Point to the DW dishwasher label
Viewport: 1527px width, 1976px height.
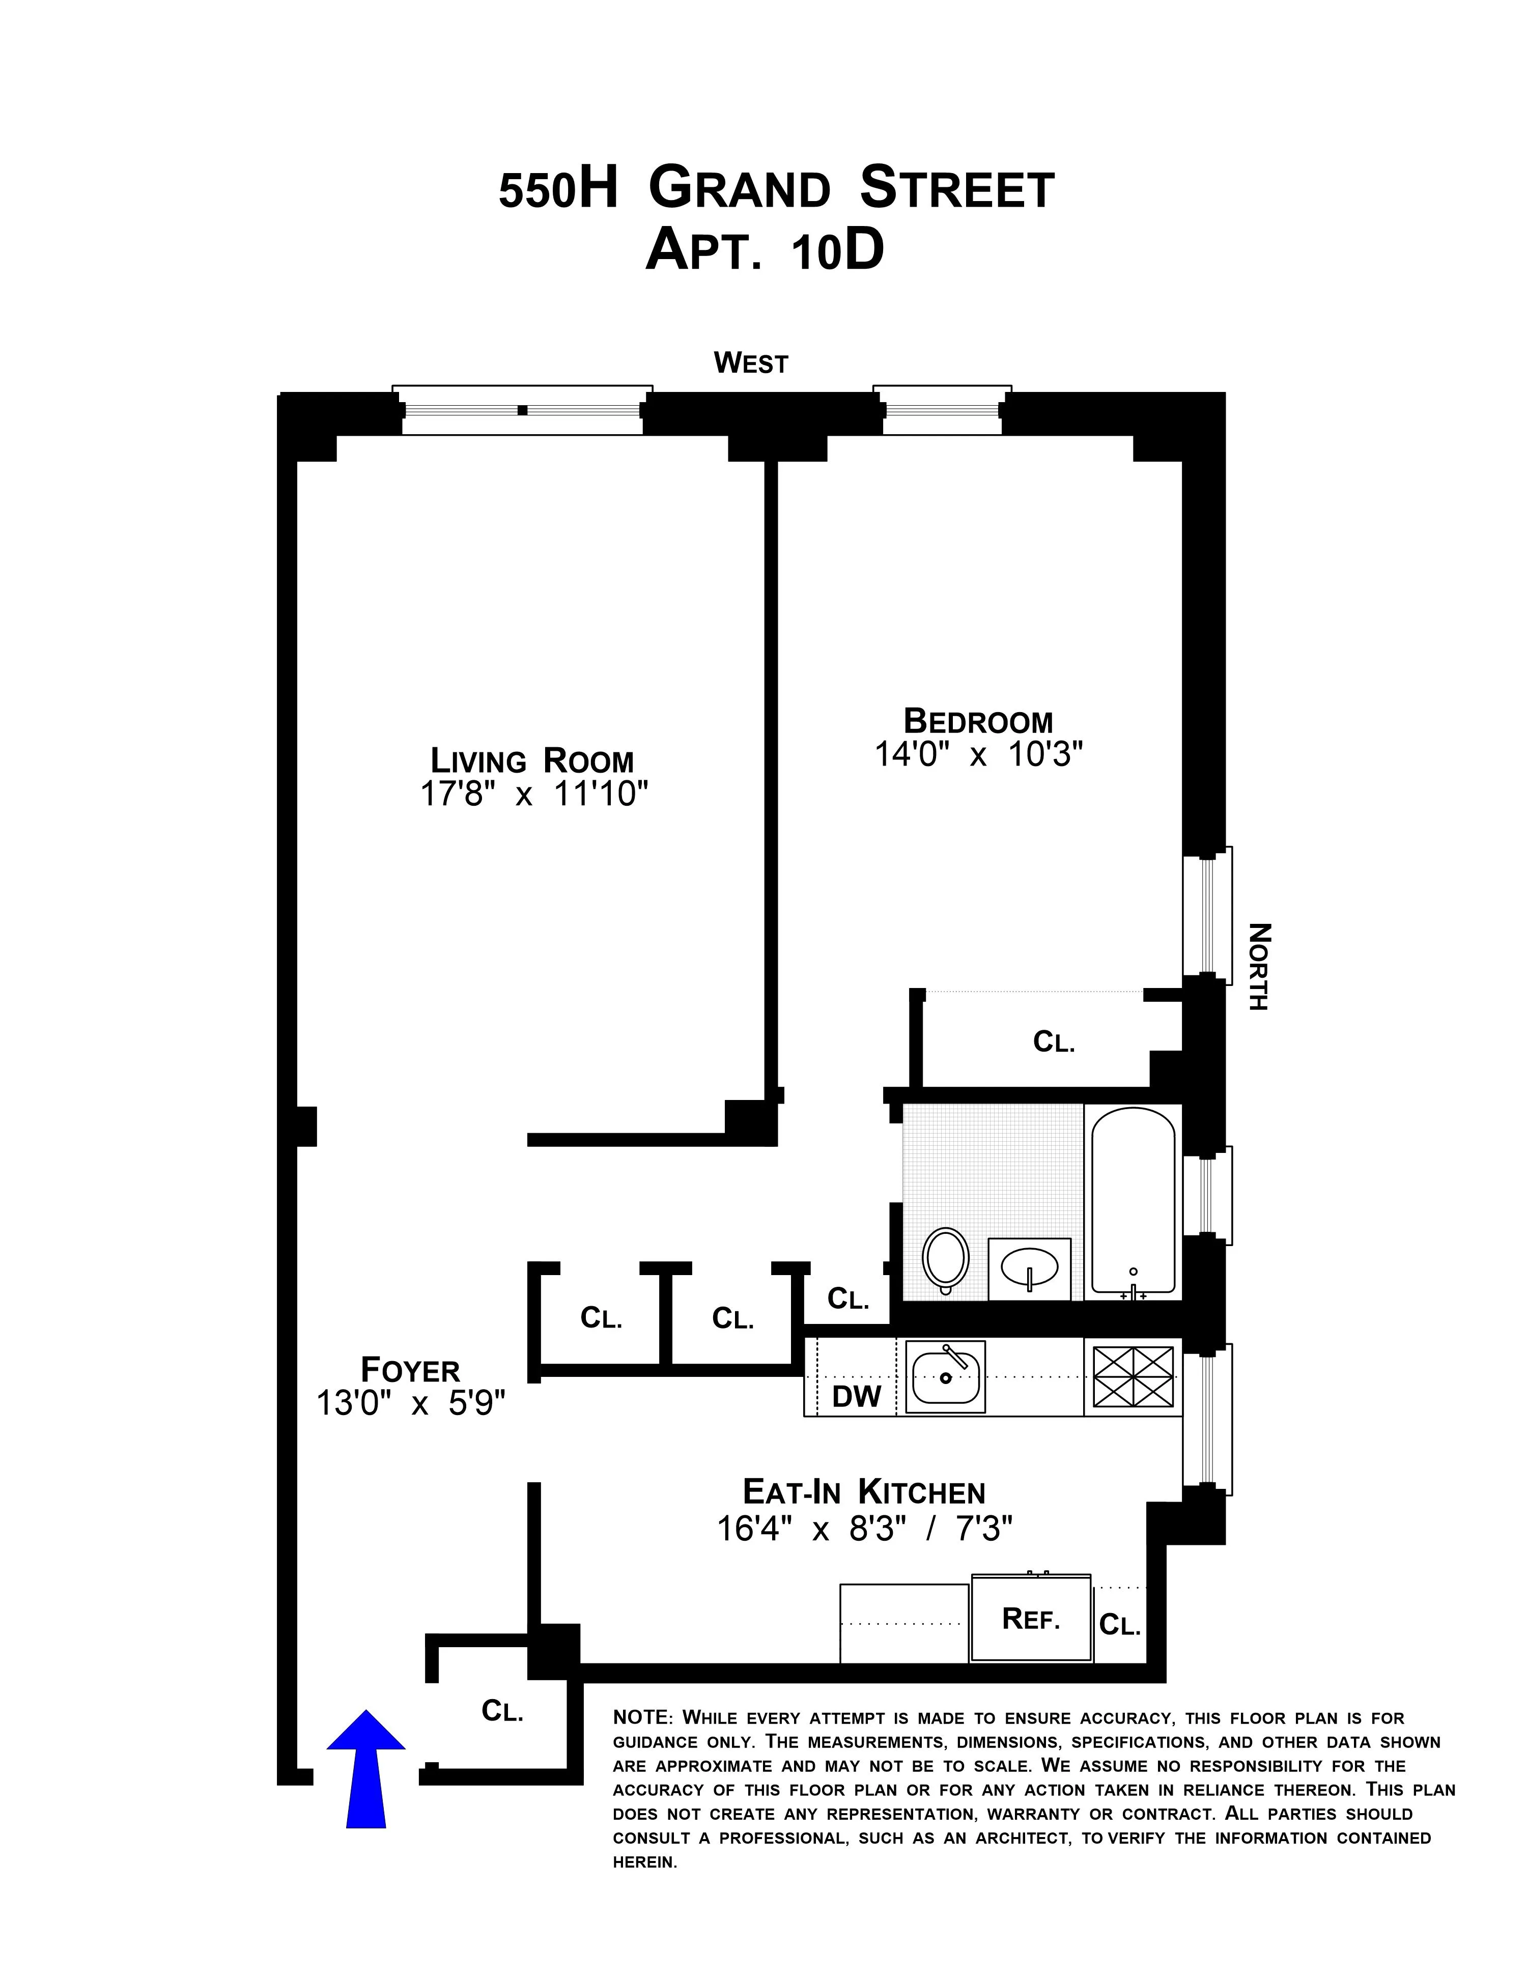[856, 1396]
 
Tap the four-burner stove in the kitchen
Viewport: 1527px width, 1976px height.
[1133, 1377]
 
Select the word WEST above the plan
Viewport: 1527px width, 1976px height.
[751, 363]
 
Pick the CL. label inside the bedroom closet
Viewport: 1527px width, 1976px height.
[1054, 1042]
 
